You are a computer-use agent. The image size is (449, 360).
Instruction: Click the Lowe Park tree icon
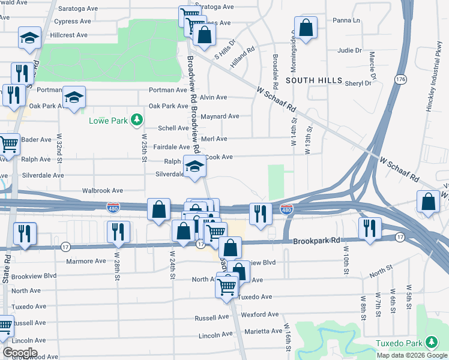click(x=137, y=121)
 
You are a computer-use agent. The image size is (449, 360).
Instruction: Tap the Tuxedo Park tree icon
click(x=431, y=343)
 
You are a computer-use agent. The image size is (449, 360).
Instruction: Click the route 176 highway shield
click(x=400, y=79)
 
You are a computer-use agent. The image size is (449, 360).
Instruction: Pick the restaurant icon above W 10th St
click(x=369, y=228)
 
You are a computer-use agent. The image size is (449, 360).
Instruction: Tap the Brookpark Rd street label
click(x=313, y=241)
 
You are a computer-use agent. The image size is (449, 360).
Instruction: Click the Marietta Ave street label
click(x=266, y=331)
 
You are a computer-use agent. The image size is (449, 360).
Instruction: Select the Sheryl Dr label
click(x=358, y=83)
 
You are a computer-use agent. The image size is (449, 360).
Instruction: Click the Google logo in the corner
click(x=19, y=353)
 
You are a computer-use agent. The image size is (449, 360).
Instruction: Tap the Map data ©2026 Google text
click(x=411, y=355)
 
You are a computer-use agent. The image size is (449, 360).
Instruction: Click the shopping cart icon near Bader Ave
click(x=8, y=144)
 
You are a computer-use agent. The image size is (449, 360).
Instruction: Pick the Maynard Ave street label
click(x=220, y=116)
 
